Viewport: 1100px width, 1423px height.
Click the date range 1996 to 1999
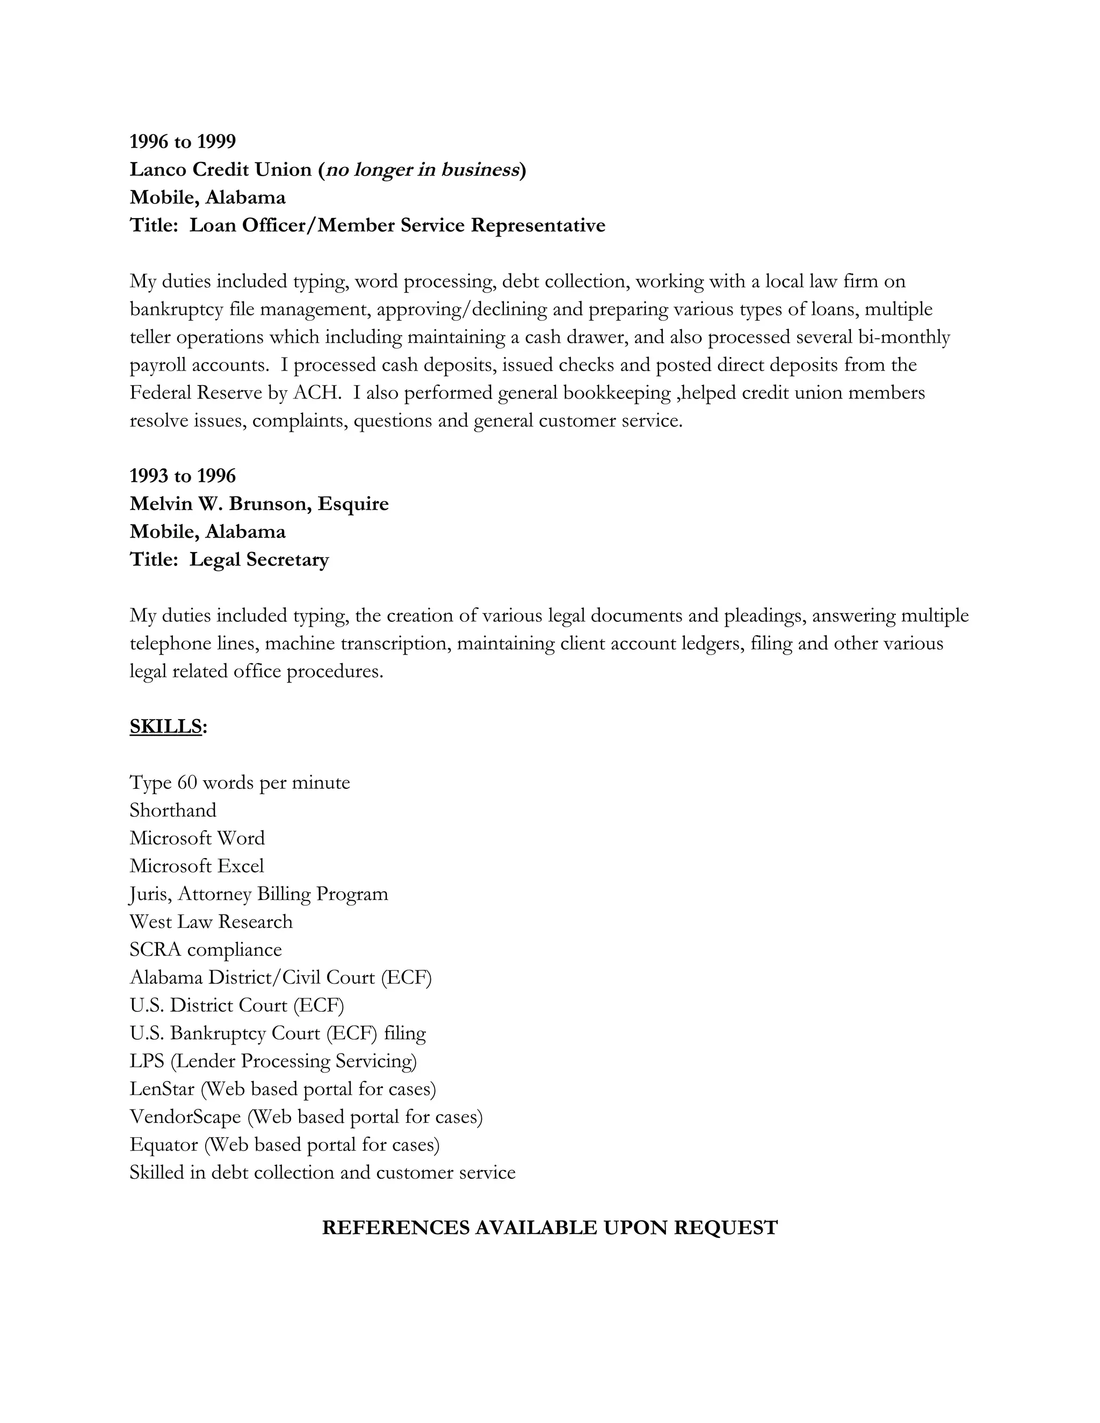[183, 141]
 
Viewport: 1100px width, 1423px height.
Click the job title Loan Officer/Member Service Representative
[397, 226]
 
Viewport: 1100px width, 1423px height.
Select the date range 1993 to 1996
[183, 476]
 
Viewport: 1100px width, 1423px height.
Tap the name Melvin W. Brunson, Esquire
[259, 504]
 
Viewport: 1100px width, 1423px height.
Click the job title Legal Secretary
[259, 560]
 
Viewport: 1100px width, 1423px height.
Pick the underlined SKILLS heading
[166, 727]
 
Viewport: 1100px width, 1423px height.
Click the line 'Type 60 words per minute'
[239, 782]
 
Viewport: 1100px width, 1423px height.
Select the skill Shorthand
[173, 810]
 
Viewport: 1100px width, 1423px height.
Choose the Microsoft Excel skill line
[197, 866]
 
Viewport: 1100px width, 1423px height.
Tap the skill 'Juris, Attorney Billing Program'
[259, 894]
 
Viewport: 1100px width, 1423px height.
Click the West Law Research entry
[211, 922]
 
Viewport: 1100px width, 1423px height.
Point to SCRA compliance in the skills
[205, 950]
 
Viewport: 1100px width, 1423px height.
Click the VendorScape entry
[306, 1117]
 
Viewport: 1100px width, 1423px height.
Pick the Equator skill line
[285, 1145]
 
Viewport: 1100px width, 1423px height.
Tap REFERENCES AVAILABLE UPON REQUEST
[549, 1228]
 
